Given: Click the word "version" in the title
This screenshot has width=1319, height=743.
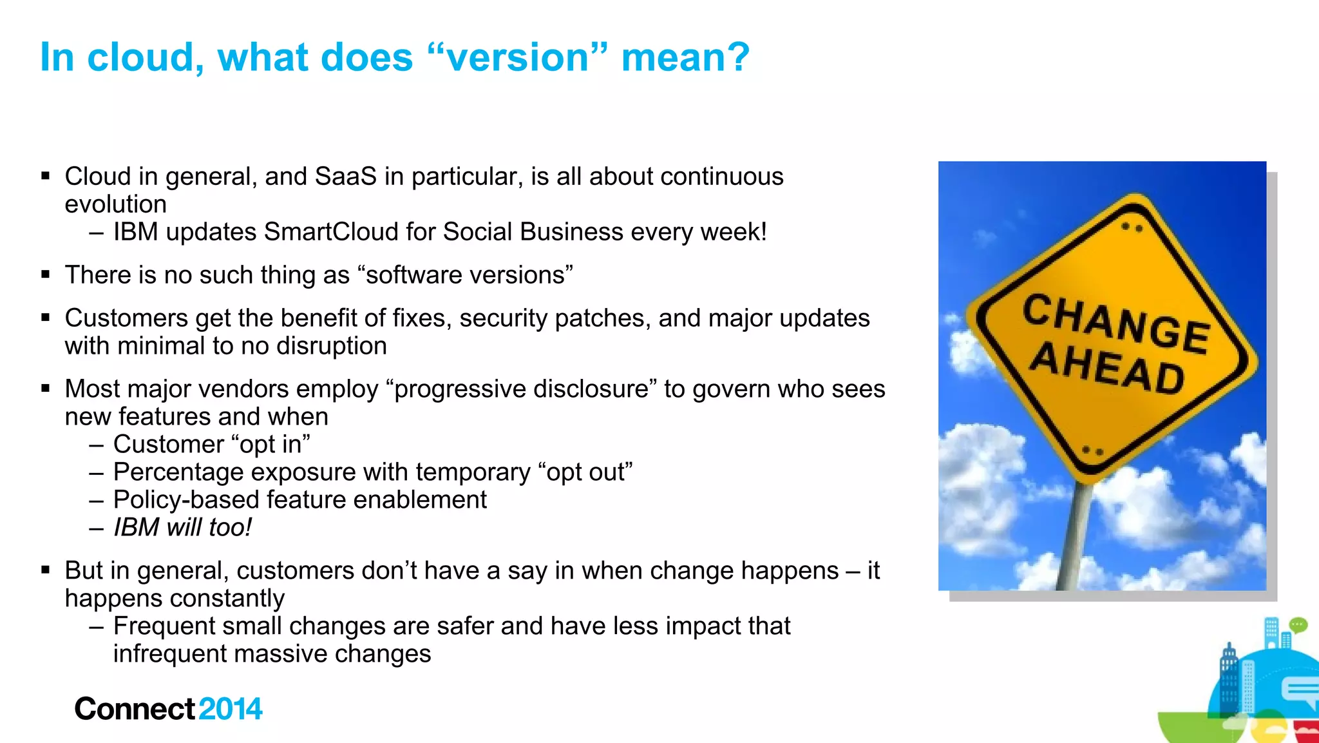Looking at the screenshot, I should [518, 57].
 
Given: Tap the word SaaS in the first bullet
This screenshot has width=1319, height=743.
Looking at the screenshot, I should [345, 177].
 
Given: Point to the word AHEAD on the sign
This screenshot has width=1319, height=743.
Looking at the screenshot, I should [1106, 368].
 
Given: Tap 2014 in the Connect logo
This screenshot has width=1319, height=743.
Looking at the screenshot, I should [230, 709].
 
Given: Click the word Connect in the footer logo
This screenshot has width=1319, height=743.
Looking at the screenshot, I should [134, 709].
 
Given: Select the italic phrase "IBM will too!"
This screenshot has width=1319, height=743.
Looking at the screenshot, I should [182, 528].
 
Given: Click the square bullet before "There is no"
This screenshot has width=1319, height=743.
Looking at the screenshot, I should [45, 275].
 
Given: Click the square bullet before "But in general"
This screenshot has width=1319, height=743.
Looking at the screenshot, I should [45, 570].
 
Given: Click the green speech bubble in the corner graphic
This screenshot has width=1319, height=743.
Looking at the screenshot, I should [1298, 624].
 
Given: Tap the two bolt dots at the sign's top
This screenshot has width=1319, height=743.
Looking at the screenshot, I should [1132, 227].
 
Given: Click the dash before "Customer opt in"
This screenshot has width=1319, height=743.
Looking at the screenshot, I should [97, 445].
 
